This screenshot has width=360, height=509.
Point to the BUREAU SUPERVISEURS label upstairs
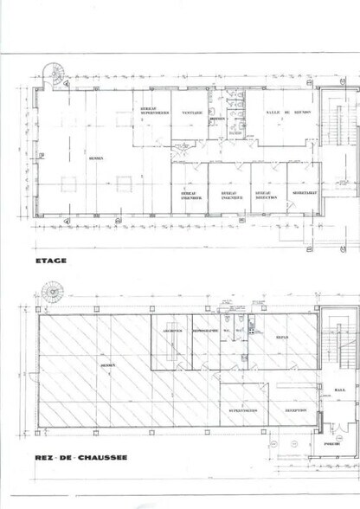tap(153, 110)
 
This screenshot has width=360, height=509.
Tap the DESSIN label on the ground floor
tap(107, 366)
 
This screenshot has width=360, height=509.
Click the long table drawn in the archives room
tap(170, 351)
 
